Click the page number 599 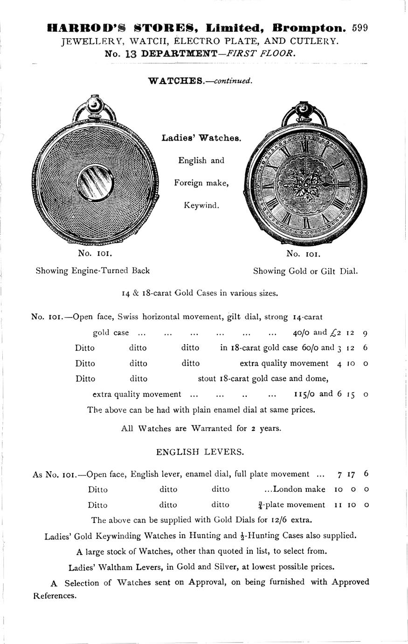[360, 28]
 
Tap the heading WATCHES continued [200, 81]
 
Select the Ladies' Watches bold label [201, 138]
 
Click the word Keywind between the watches [201, 205]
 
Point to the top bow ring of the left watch [94, 107]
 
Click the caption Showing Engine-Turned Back [93, 271]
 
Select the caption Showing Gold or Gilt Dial [305, 271]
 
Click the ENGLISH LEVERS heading [200, 452]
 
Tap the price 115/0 [304, 394]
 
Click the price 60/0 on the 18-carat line [311, 348]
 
